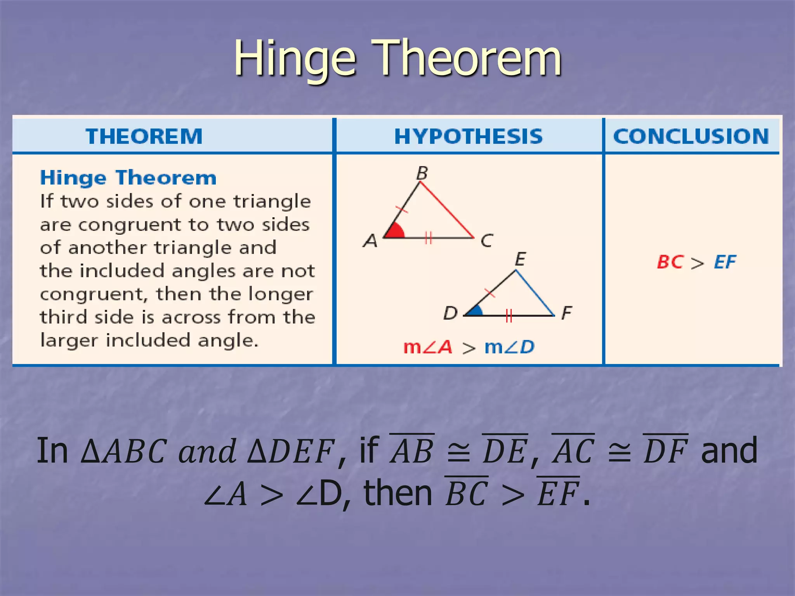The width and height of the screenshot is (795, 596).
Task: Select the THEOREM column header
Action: click(144, 137)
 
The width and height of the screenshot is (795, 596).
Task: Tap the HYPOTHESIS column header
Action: click(468, 137)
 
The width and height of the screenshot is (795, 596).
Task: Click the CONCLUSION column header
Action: click(691, 137)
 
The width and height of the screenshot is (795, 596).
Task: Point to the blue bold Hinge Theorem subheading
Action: click(128, 178)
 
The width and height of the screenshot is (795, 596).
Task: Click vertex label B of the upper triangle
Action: click(422, 173)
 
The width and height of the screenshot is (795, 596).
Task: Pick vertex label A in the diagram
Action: click(370, 241)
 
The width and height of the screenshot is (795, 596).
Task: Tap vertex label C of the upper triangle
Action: click(487, 241)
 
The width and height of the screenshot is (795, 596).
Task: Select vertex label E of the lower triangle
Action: click(520, 259)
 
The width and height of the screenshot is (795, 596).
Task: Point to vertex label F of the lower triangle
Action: click(567, 312)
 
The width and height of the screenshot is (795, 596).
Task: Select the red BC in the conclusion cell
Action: click(670, 262)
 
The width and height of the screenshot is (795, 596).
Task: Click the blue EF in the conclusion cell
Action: click(725, 262)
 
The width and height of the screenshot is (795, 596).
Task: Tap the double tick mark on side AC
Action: click(428, 237)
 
